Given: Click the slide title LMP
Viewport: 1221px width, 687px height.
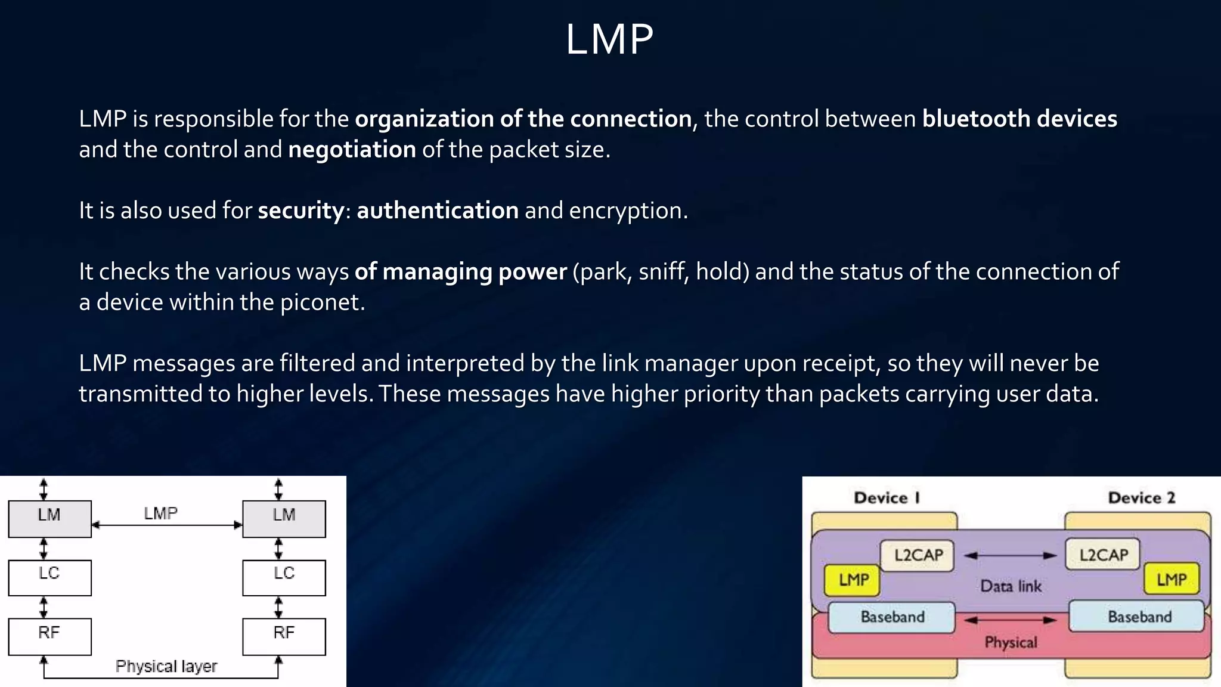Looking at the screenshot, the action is (609, 40).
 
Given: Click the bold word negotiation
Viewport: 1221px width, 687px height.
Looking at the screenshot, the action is (352, 150).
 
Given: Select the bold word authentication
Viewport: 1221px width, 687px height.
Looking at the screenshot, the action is (438, 211).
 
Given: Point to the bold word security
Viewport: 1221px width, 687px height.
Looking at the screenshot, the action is (301, 211).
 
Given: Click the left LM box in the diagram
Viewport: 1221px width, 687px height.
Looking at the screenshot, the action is (49, 518).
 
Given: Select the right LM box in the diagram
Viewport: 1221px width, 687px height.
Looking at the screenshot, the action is (284, 518).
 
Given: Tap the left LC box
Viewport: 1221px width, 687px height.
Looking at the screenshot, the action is (49, 577).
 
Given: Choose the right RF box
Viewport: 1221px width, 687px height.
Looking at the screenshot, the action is (284, 636).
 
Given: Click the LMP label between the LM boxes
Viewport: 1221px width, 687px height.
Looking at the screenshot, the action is (160, 513).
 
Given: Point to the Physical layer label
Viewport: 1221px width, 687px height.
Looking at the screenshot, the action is (166, 666).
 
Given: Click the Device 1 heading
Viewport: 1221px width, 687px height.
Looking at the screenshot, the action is (887, 498).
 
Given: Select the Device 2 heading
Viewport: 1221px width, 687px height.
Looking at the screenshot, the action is (1141, 498).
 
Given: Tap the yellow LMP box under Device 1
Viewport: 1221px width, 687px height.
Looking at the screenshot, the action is (853, 580).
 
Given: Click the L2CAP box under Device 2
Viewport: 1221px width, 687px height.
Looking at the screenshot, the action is (1103, 555).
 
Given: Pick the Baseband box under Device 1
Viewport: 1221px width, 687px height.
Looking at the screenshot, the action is (892, 617).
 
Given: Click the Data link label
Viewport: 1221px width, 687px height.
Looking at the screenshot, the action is (1011, 586).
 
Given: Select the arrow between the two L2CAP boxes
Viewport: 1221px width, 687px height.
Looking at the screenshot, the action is (1010, 556).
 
